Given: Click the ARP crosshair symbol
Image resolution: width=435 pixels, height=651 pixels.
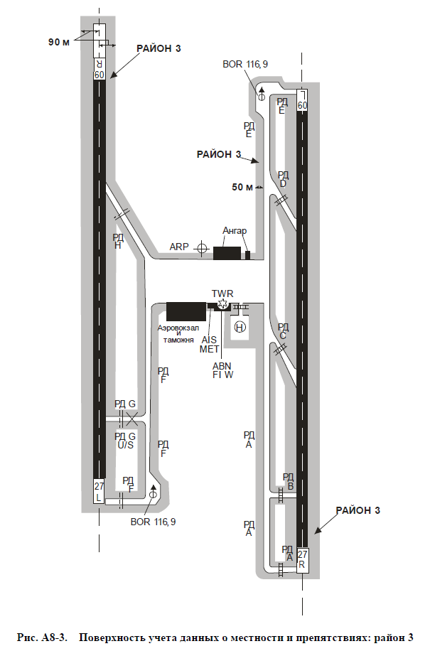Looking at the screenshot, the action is point(202,248).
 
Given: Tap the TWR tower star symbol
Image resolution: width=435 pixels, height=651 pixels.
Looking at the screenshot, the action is point(223,304).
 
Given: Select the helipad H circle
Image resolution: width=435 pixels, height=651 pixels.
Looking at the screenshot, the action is point(240,327).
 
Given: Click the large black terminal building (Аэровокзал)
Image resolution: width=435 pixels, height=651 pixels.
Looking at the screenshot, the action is point(186,311).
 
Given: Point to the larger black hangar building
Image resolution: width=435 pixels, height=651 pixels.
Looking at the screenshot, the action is point(227,253).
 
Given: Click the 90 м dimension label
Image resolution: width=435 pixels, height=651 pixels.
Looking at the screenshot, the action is point(59,42).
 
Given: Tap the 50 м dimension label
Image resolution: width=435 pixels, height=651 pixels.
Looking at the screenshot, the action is point(242,187).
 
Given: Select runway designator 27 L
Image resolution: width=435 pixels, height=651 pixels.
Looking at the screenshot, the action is point(99,492).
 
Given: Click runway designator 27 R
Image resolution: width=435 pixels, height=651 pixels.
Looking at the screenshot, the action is point(303,559).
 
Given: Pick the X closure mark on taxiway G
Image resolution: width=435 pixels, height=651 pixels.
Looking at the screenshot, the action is point(132,419).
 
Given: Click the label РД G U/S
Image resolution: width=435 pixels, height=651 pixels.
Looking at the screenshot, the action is point(125,441).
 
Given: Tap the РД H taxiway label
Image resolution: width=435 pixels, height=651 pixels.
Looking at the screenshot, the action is point(118,241).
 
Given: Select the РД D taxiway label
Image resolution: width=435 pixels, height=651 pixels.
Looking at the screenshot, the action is point(283,179).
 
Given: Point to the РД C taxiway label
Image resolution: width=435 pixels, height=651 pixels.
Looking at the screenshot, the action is point(283,331).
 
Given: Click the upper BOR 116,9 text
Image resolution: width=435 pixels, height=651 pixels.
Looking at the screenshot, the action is point(245,65).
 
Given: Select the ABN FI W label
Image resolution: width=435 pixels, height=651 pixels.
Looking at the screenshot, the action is point(223,370).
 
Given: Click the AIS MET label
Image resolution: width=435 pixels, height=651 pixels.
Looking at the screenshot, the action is point(209,345).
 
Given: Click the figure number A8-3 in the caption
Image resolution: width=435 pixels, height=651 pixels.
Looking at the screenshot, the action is point(53,637).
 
